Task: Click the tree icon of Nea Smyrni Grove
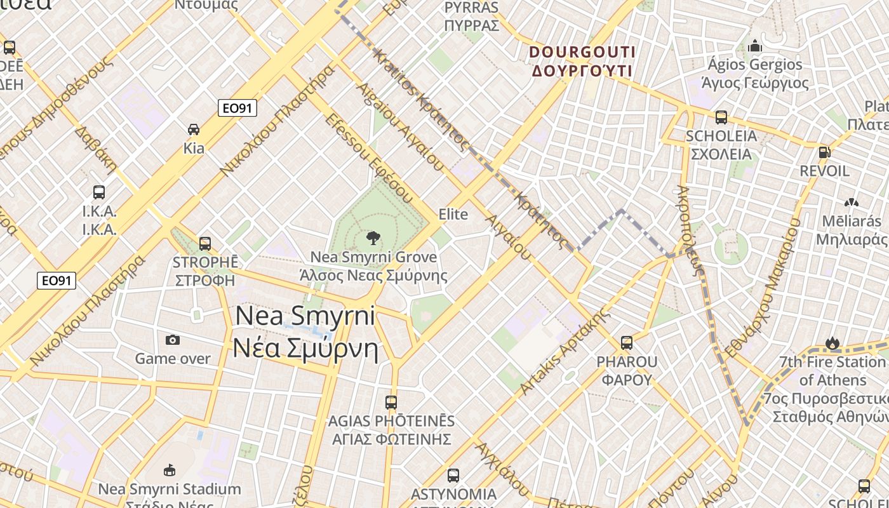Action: click(373, 238)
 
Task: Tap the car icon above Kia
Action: click(194, 130)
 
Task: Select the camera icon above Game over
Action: click(172, 340)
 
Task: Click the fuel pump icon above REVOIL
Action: click(824, 152)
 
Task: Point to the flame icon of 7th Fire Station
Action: click(832, 343)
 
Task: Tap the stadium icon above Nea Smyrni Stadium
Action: click(169, 470)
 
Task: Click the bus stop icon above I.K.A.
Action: click(99, 192)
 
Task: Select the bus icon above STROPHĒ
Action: click(204, 243)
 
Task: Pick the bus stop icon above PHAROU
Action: click(627, 343)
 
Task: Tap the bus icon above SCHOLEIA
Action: click(721, 117)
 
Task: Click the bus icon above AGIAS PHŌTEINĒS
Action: click(391, 402)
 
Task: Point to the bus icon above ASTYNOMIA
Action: click(453, 475)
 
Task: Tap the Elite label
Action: click(453, 214)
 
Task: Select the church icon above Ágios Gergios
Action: click(754, 46)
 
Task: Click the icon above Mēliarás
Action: click(851, 202)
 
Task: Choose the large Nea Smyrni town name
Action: click(305, 331)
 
